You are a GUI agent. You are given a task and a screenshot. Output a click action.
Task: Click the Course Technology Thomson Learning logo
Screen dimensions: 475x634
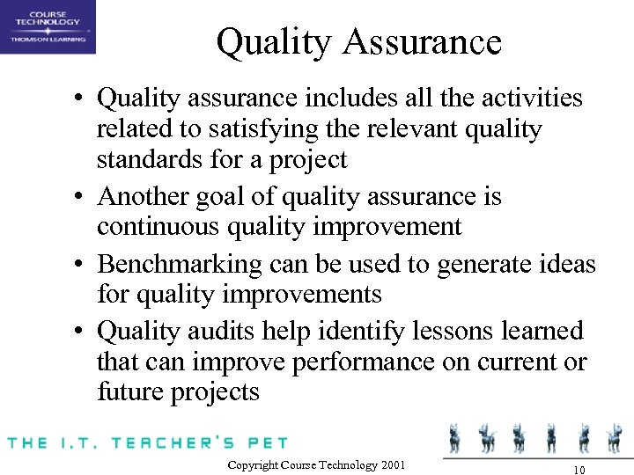(x=48, y=27)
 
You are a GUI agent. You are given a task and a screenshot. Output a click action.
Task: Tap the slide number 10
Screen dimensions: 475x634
(x=579, y=466)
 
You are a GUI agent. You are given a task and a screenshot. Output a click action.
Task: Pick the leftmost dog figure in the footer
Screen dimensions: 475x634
(x=456, y=436)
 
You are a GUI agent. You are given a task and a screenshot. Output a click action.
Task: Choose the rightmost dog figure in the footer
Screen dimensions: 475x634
(x=614, y=436)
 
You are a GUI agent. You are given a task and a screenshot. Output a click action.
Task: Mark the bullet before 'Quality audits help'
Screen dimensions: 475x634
(x=80, y=332)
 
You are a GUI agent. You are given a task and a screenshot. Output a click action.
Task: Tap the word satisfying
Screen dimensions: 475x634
(x=249, y=129)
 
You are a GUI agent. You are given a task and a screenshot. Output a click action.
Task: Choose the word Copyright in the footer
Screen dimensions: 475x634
(x=254, y=464)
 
